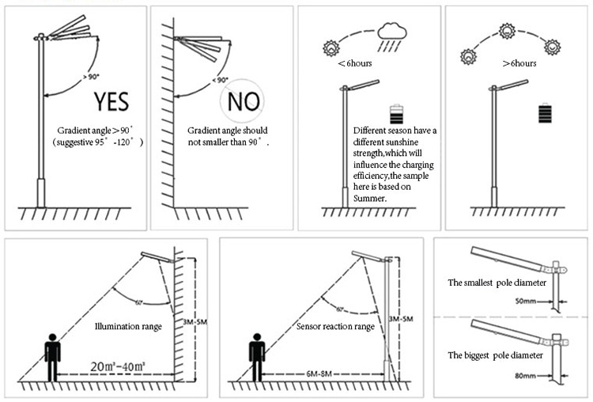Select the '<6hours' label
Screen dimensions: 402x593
(353, 63)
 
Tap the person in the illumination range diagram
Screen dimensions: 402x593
(53, 358)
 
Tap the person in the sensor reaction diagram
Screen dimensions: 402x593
(256, 358)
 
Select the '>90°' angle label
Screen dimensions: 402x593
(92, 77)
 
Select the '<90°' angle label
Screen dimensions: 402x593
(219, 80)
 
